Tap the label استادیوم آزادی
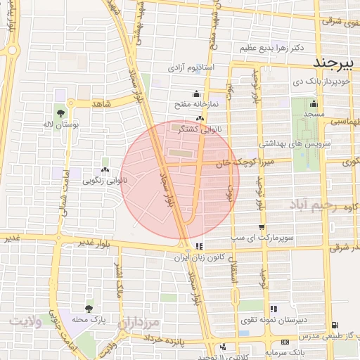click(x=195, y=69)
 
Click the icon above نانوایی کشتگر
click(x=201, y=118)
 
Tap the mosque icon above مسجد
click(x=313, y=103)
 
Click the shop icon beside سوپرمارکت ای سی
click(x=262, y=228)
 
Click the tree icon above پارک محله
click(x=89, y=308)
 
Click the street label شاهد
click(x=102, y=103)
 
